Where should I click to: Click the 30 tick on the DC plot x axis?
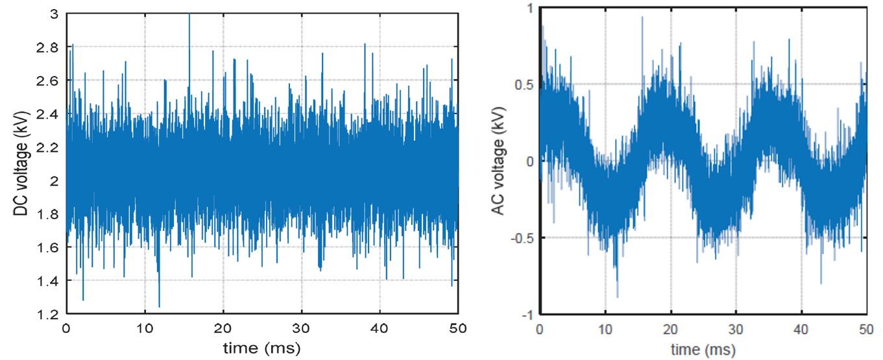(x=302, y=329)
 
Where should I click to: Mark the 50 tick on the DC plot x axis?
(x=458, y=329)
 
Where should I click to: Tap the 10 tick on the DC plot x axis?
(x=145, y=329)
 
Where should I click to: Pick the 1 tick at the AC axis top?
(x=528, y=8)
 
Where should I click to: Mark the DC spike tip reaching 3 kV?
(x=189, y=14)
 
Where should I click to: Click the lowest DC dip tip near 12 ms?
(x=159, y=306)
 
